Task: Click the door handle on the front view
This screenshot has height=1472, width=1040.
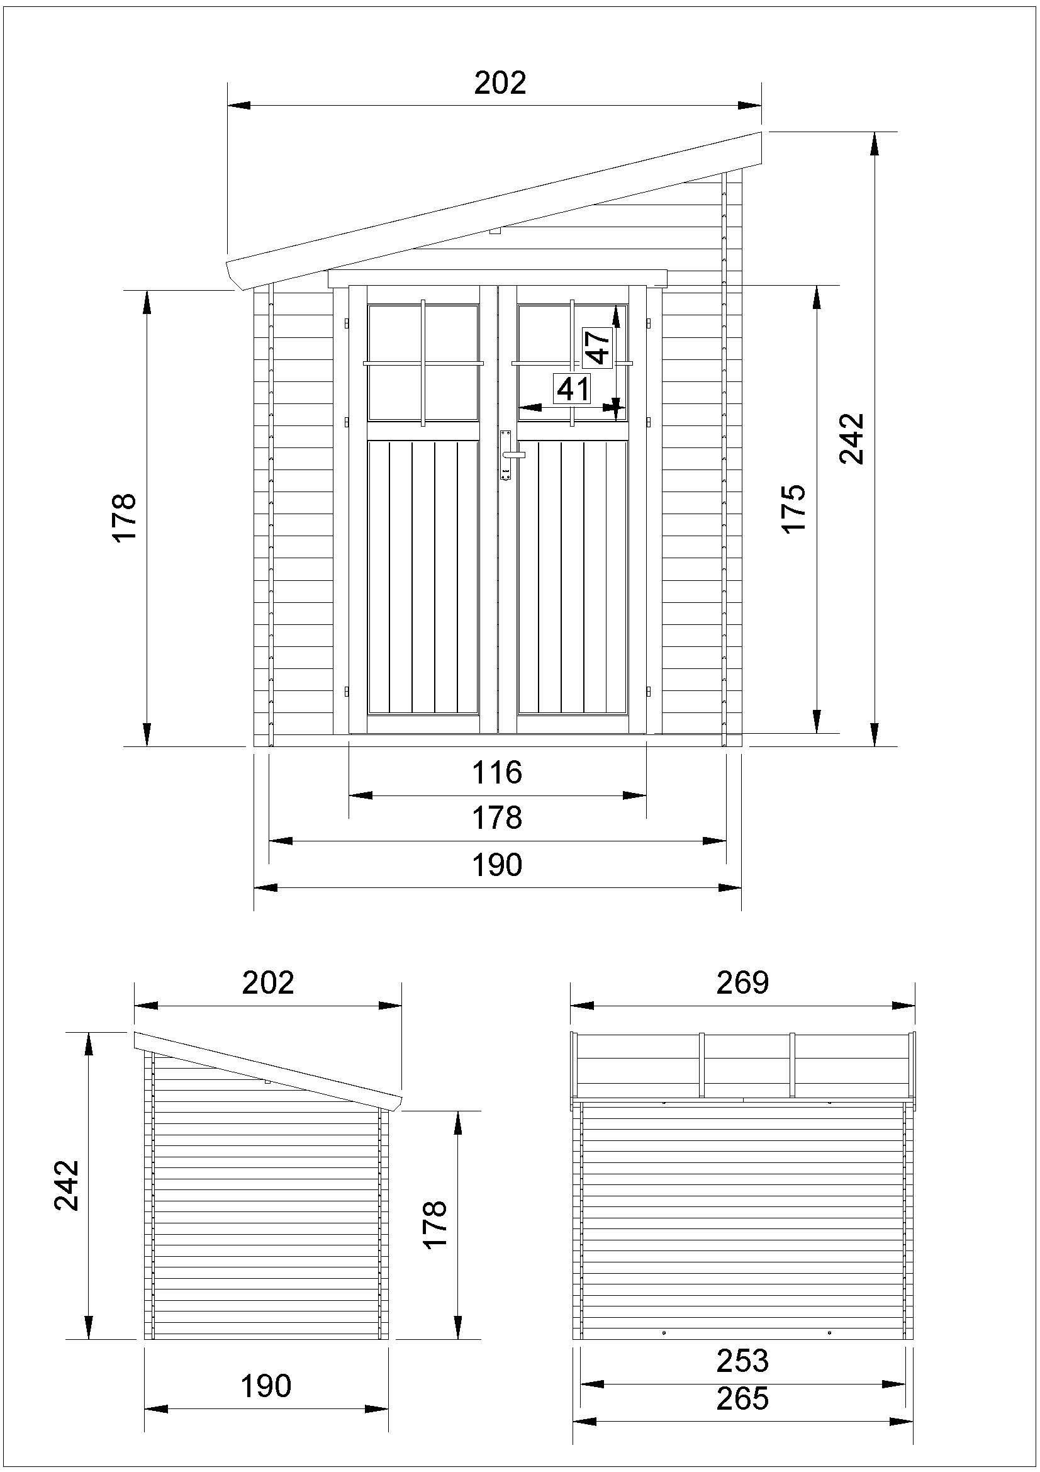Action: point(513,454)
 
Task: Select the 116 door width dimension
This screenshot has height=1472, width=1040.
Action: point(497,773)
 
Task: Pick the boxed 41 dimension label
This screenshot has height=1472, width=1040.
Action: point(573,388)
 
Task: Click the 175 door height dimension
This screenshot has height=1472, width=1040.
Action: point(794,508)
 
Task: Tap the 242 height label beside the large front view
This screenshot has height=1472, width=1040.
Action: point(853,439)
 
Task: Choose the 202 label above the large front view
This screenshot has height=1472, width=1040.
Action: point(500,82)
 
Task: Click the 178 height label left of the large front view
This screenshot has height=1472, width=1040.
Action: point(125,518)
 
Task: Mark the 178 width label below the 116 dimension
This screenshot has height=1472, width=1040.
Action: point(497,818)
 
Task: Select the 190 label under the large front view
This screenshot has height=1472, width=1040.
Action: point(497,865)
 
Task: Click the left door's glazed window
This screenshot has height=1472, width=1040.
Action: point(423,363)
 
